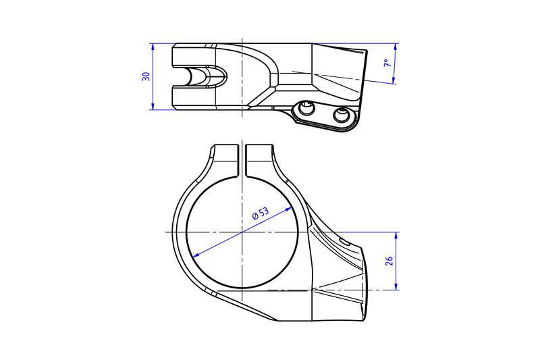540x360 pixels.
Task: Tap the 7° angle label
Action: [x=387, y=63]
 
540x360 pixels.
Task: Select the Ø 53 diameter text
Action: [x=261, y=215]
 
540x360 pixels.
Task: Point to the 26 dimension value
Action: [x=389, y=261]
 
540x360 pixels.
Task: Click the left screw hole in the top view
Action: [x=308, y=109]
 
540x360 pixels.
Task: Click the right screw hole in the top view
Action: [x=342, y=115]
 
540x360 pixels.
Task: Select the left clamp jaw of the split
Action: [x=226, y=157]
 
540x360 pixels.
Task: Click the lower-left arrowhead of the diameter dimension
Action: [x=196, y=255]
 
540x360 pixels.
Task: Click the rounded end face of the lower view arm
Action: [x=366, y=287]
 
